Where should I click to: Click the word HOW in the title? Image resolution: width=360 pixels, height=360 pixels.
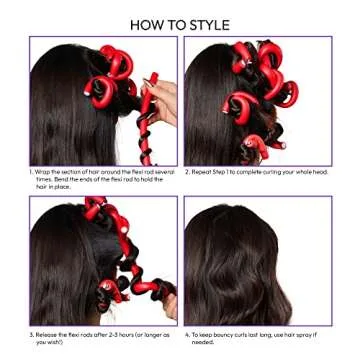(x=149, y=24)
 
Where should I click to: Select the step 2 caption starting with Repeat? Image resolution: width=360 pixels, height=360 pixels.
(x=255, y=172)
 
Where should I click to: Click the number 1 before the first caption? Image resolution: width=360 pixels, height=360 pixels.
(x=31, y=172)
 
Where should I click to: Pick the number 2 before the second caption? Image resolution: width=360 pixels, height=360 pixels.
(x=187, y=172)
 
